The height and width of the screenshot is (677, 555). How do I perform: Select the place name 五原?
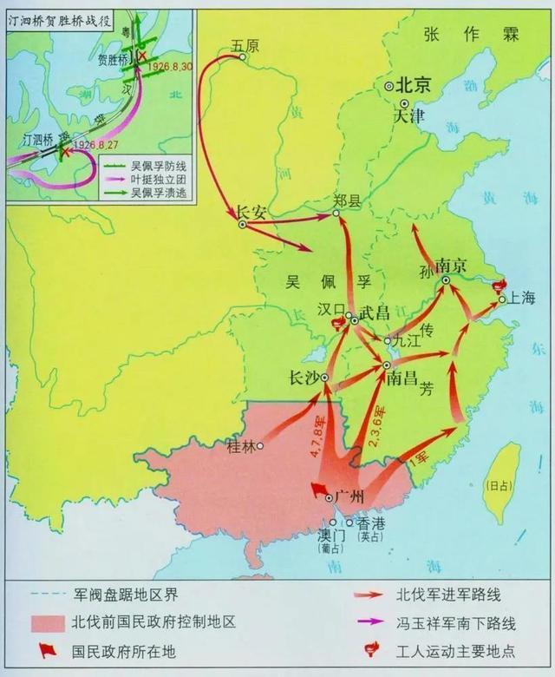click(245, 45)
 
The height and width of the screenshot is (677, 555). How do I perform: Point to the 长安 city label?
click(250, 211)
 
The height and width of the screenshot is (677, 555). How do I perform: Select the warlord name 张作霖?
click(471, 35)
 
